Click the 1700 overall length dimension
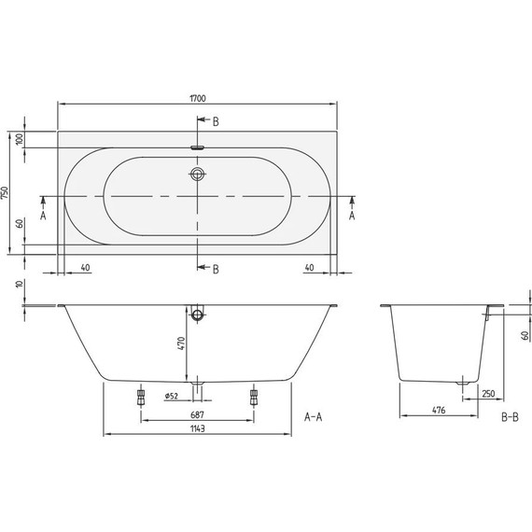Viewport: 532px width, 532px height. tap(198, 95)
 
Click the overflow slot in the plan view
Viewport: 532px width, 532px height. tap(198, 147)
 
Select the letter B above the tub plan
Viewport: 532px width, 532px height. tap(216, 122)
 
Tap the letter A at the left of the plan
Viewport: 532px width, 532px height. tap(44, 215)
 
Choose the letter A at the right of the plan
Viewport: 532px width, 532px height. tap(351, 215)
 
